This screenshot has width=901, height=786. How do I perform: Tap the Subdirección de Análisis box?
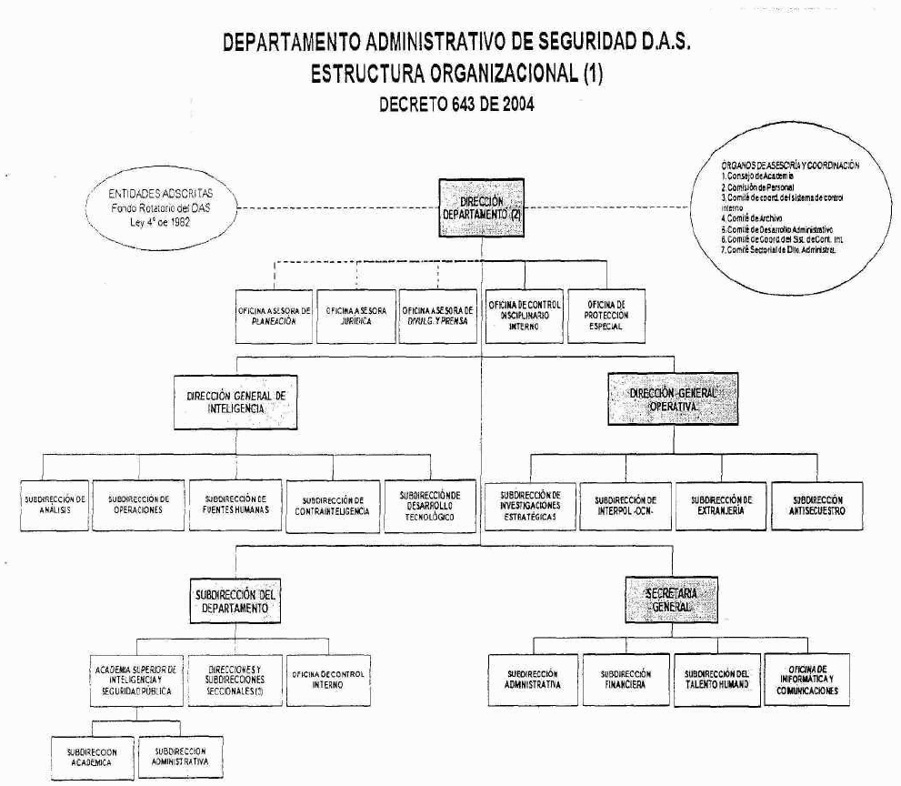pos(55,504)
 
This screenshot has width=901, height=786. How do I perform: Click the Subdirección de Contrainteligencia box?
pos(331,506)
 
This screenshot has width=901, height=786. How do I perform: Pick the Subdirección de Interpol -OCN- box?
pos(625,506)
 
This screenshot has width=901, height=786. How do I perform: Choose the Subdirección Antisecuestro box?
pos(817,505)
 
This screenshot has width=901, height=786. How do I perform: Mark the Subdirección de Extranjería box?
pos(722,505)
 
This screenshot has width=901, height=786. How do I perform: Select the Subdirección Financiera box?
pos(625,680)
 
